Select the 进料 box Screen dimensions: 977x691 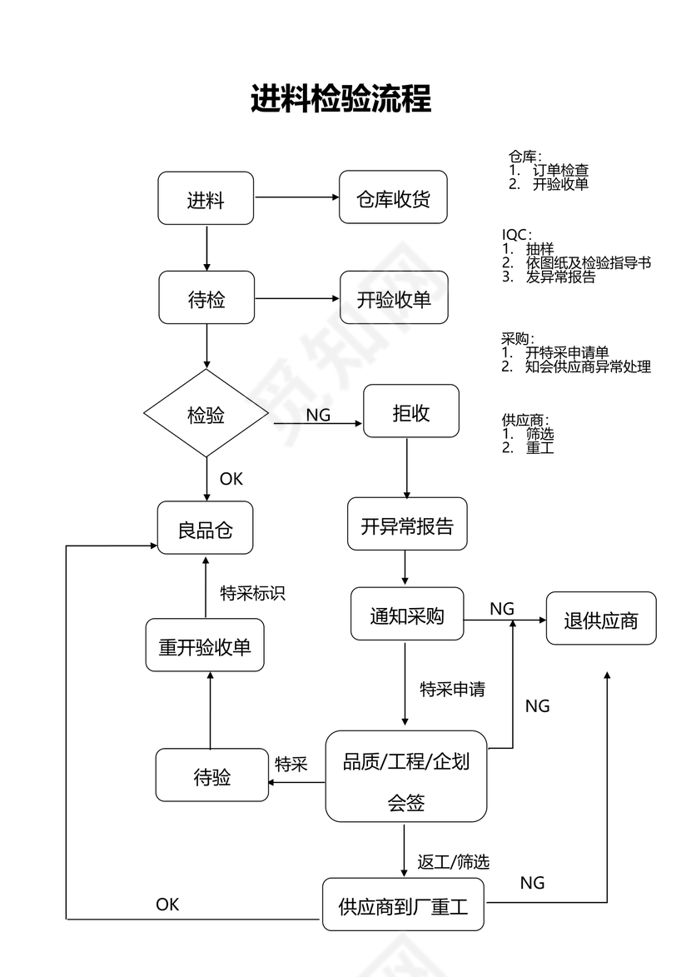tap(206, 198)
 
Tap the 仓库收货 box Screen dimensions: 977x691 tap(393, 197)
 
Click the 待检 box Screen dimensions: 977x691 tap(206, 298)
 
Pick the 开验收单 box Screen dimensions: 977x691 tap(394, 298)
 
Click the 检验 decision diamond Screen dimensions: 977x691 tap(206, 414)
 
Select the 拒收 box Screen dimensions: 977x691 tap(411, 411)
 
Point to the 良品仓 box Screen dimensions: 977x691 tap(206, 529)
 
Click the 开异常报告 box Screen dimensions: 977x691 tap(407, 525)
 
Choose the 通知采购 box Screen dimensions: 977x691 tap(407, 615)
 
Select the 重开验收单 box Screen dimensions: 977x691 tap(205, 646)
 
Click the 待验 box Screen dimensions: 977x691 tap(212, 775)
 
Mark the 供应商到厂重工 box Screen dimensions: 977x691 tap(403, 905)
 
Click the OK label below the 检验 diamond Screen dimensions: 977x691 tap(231, 479)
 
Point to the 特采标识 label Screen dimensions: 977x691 tap(252, 592)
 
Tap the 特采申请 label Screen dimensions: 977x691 tap(452, 689)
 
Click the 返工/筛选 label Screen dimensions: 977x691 tap(453, 861)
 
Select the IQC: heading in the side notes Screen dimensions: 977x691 tap(516, 236)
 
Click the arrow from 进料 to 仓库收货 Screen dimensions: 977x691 tap(296, 198)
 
